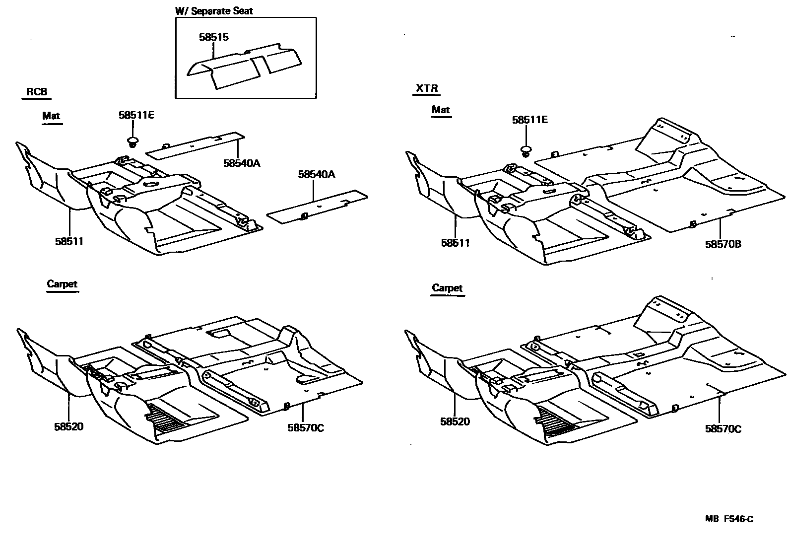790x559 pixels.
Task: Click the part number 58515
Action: click(213, 37)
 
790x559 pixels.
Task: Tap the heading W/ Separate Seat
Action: click(214, 10)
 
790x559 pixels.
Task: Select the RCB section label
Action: click(37, 92)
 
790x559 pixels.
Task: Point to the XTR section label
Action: click(427, 89)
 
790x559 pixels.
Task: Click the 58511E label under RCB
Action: click(136, 115)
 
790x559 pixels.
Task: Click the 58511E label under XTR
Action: click(530, 120)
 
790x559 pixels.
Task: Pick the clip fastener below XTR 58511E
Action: click(526, 150)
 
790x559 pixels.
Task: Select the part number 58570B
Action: click(723, 244)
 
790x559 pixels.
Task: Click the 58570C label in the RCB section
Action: click(306, 427)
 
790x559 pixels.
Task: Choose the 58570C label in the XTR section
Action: click(723, 429)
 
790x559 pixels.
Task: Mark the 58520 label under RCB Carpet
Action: click(69, 426)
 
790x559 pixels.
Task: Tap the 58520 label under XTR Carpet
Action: click(455, 421)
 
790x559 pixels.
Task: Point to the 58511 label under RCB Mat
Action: click(69, 242)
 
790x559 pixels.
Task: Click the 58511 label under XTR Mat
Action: click(455, 243)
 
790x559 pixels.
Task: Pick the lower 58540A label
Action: click(317, 174)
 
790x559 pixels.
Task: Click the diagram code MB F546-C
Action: click(729, 519)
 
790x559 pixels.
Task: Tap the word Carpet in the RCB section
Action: click(62, 284)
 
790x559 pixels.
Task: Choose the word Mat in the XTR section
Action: click(441, 110)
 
